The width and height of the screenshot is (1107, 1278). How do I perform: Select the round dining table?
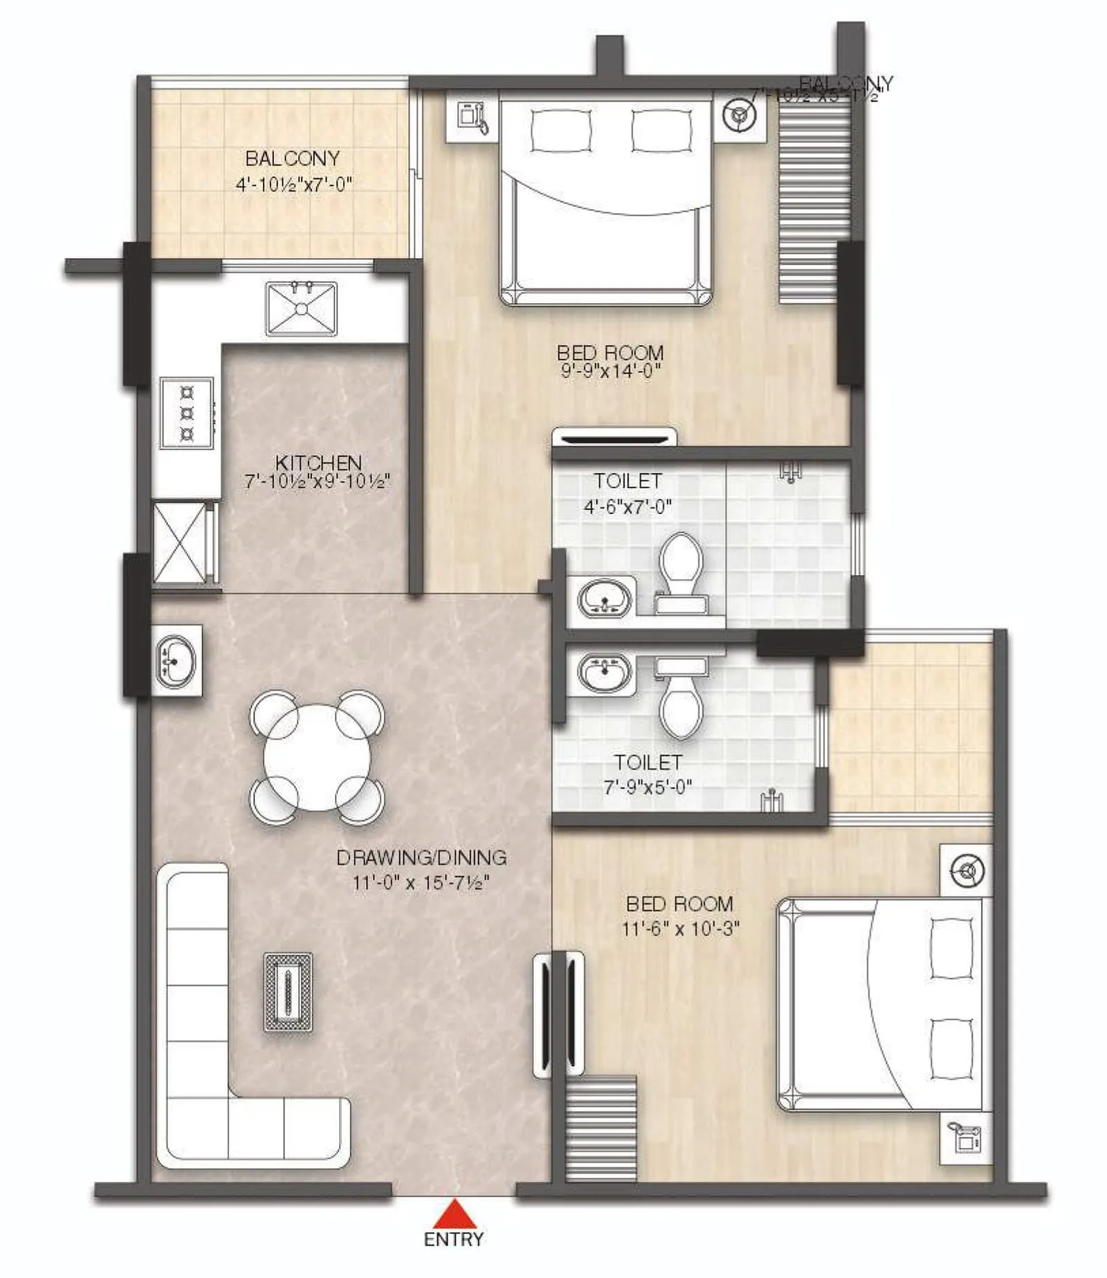317,758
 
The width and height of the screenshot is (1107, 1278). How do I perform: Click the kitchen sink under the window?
301,309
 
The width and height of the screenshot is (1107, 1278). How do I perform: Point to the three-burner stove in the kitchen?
187,413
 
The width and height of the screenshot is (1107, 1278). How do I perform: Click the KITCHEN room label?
318,462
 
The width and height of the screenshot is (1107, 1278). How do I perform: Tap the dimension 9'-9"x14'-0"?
610,371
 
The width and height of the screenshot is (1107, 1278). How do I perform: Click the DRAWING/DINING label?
421,858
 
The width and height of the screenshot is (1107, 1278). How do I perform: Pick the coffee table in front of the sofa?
288,992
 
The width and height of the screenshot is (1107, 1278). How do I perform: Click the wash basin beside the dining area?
176,661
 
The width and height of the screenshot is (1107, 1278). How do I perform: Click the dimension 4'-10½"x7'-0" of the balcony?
294,184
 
